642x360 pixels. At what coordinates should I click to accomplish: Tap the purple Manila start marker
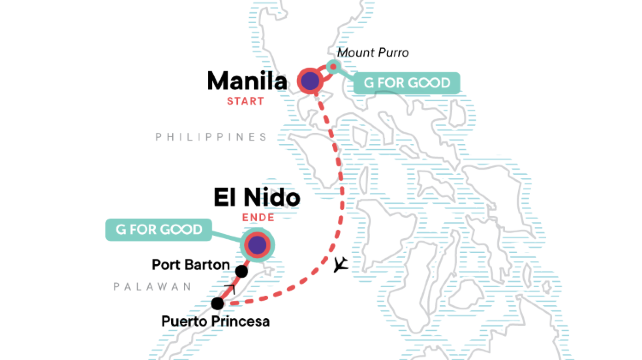[x=310, y=80]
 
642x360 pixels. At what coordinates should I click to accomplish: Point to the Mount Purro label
[x=373, y=52]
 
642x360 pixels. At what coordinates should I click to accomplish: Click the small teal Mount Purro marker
[x=334, y=68]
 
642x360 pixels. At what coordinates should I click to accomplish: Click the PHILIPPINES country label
[x=212, y=137]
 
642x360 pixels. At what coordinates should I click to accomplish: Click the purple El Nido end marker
[x=259, y=244]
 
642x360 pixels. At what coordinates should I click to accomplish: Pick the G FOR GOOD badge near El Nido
[x=159, y=232]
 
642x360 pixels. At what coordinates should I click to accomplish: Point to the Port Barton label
[x=190, y=267]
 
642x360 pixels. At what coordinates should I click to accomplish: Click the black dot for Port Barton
[x=241, y=270]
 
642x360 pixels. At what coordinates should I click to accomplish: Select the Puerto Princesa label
[x=215, y=322]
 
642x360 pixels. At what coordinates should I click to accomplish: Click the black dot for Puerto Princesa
[x=217, y=303]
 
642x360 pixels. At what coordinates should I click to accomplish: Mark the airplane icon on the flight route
[x=342, y=264]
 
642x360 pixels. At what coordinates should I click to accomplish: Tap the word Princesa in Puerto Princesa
[x=241, y=322]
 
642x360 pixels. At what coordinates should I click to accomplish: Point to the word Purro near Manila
[x=391, y=52]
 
